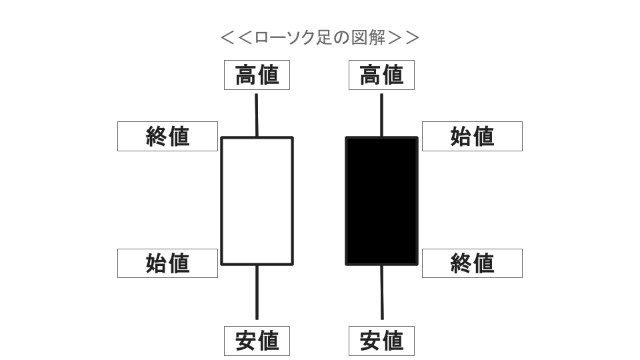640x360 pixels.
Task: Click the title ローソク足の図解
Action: point(319,37)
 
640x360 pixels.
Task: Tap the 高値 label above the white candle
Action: point(257,75)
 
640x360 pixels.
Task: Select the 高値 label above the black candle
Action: point(381,75)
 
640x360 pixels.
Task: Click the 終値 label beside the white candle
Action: point(167,136)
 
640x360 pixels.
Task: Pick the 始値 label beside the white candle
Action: point(167,263)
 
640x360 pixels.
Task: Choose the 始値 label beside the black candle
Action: point(472,136)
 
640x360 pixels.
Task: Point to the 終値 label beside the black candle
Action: point(472,263)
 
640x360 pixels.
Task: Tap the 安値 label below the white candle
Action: point(257,341)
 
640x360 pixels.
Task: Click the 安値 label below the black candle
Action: point(381,341)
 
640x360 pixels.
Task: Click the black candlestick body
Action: point(381,201)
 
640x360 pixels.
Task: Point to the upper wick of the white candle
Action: point(256,115)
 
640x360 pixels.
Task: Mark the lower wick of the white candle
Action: point(257,292)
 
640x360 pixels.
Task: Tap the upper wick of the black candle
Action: point(381,115)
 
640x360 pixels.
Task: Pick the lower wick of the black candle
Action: point(382,292)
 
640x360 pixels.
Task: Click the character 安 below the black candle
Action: point(371,341)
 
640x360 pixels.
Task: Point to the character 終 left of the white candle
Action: point(156,136)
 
